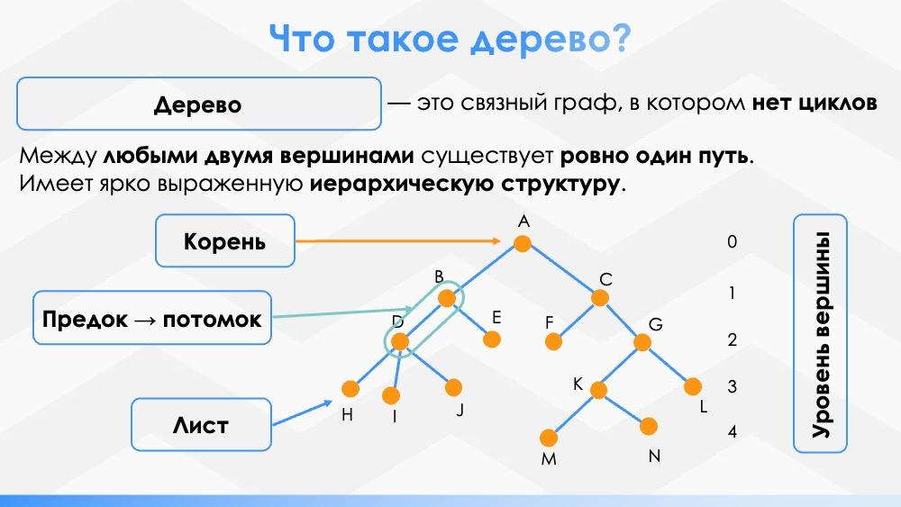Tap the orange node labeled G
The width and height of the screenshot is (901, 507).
642,342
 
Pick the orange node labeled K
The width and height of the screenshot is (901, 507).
597,389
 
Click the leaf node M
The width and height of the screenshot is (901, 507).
549,438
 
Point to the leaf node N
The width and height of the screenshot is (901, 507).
650,426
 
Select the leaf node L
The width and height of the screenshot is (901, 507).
692,386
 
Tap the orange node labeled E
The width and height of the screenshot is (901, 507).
491,340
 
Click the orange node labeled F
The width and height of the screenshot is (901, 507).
554,342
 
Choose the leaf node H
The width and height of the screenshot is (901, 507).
350,389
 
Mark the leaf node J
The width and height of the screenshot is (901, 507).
453,387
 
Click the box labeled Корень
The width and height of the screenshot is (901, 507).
225,241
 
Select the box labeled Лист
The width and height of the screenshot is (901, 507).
201,425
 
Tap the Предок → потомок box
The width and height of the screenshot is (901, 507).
152,318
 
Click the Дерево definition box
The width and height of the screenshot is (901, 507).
198,104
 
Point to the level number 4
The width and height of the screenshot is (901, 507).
733,432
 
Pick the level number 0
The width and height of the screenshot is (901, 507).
733,241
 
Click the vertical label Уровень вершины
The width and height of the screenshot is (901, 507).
820,333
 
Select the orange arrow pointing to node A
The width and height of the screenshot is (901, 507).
396,241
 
